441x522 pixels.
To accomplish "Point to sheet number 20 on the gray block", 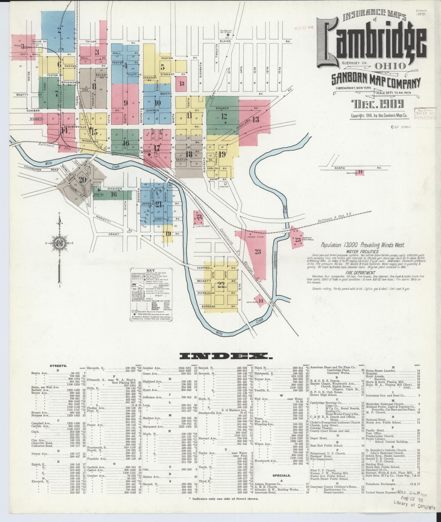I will (83, 179).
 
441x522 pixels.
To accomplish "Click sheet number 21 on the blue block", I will (158, 204).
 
